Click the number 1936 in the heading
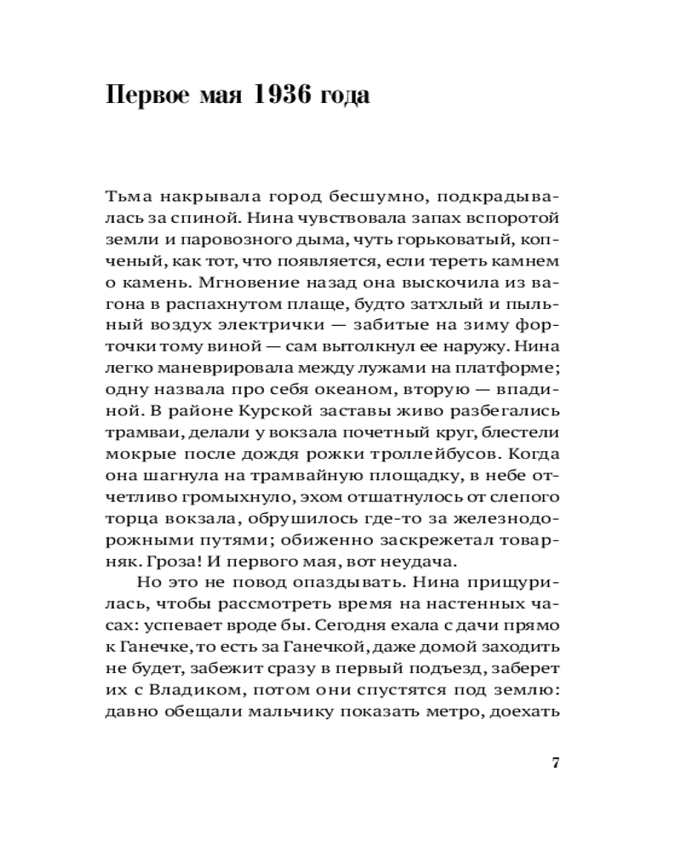tap(287, 94)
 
